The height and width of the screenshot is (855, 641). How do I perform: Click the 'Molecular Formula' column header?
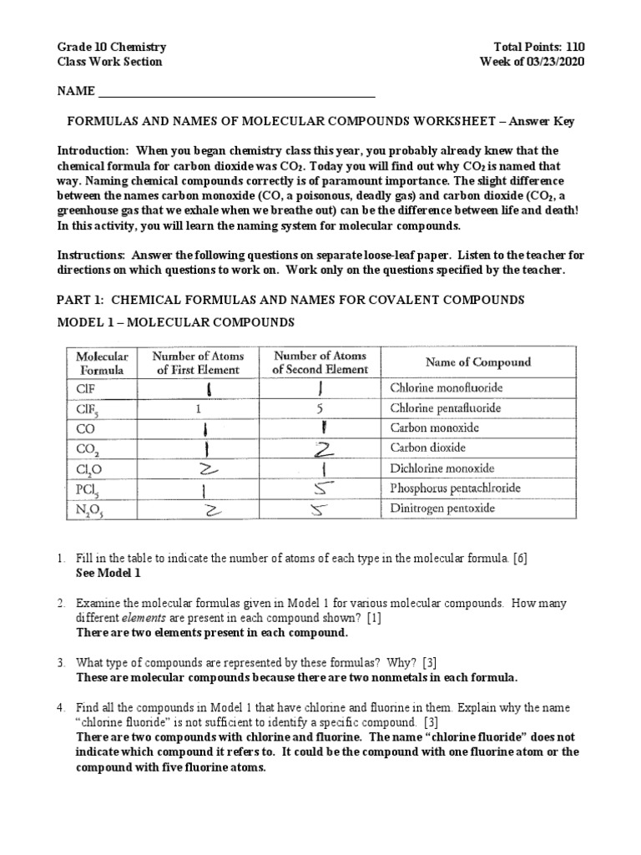[103, 362]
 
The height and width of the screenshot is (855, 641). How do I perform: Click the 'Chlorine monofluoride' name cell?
[446, 387]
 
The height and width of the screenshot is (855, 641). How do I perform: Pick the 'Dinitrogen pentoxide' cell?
[442, 508]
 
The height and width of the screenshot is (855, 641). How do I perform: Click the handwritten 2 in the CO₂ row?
[320, 448]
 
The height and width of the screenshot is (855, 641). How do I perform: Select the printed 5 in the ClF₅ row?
[320, 408]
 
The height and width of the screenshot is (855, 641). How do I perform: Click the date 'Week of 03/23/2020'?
[532, 62]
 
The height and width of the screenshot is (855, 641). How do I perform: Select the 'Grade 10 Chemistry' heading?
[111, 48]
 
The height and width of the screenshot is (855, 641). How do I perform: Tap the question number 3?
[61, 662]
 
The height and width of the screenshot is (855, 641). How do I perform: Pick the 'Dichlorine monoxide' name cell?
[442, 468]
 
